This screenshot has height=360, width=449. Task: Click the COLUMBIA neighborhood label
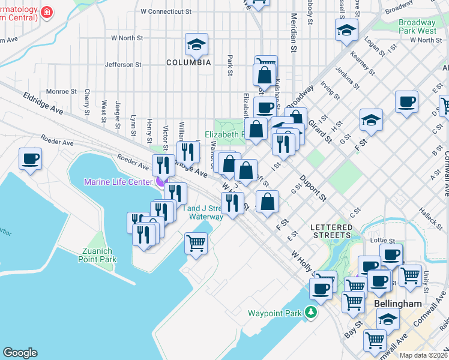(188, 62)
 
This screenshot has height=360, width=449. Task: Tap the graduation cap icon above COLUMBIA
(196, 45)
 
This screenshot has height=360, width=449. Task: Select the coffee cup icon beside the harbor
(30, 159)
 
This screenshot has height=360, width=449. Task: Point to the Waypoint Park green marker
(310, 312)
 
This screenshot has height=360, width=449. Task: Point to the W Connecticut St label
(165, 11)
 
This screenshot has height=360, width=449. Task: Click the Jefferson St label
(122, 64)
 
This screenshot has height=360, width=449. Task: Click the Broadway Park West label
(417, 26)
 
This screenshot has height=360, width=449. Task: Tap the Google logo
(20, 353)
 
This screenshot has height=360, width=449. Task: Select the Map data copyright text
(424, 355)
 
